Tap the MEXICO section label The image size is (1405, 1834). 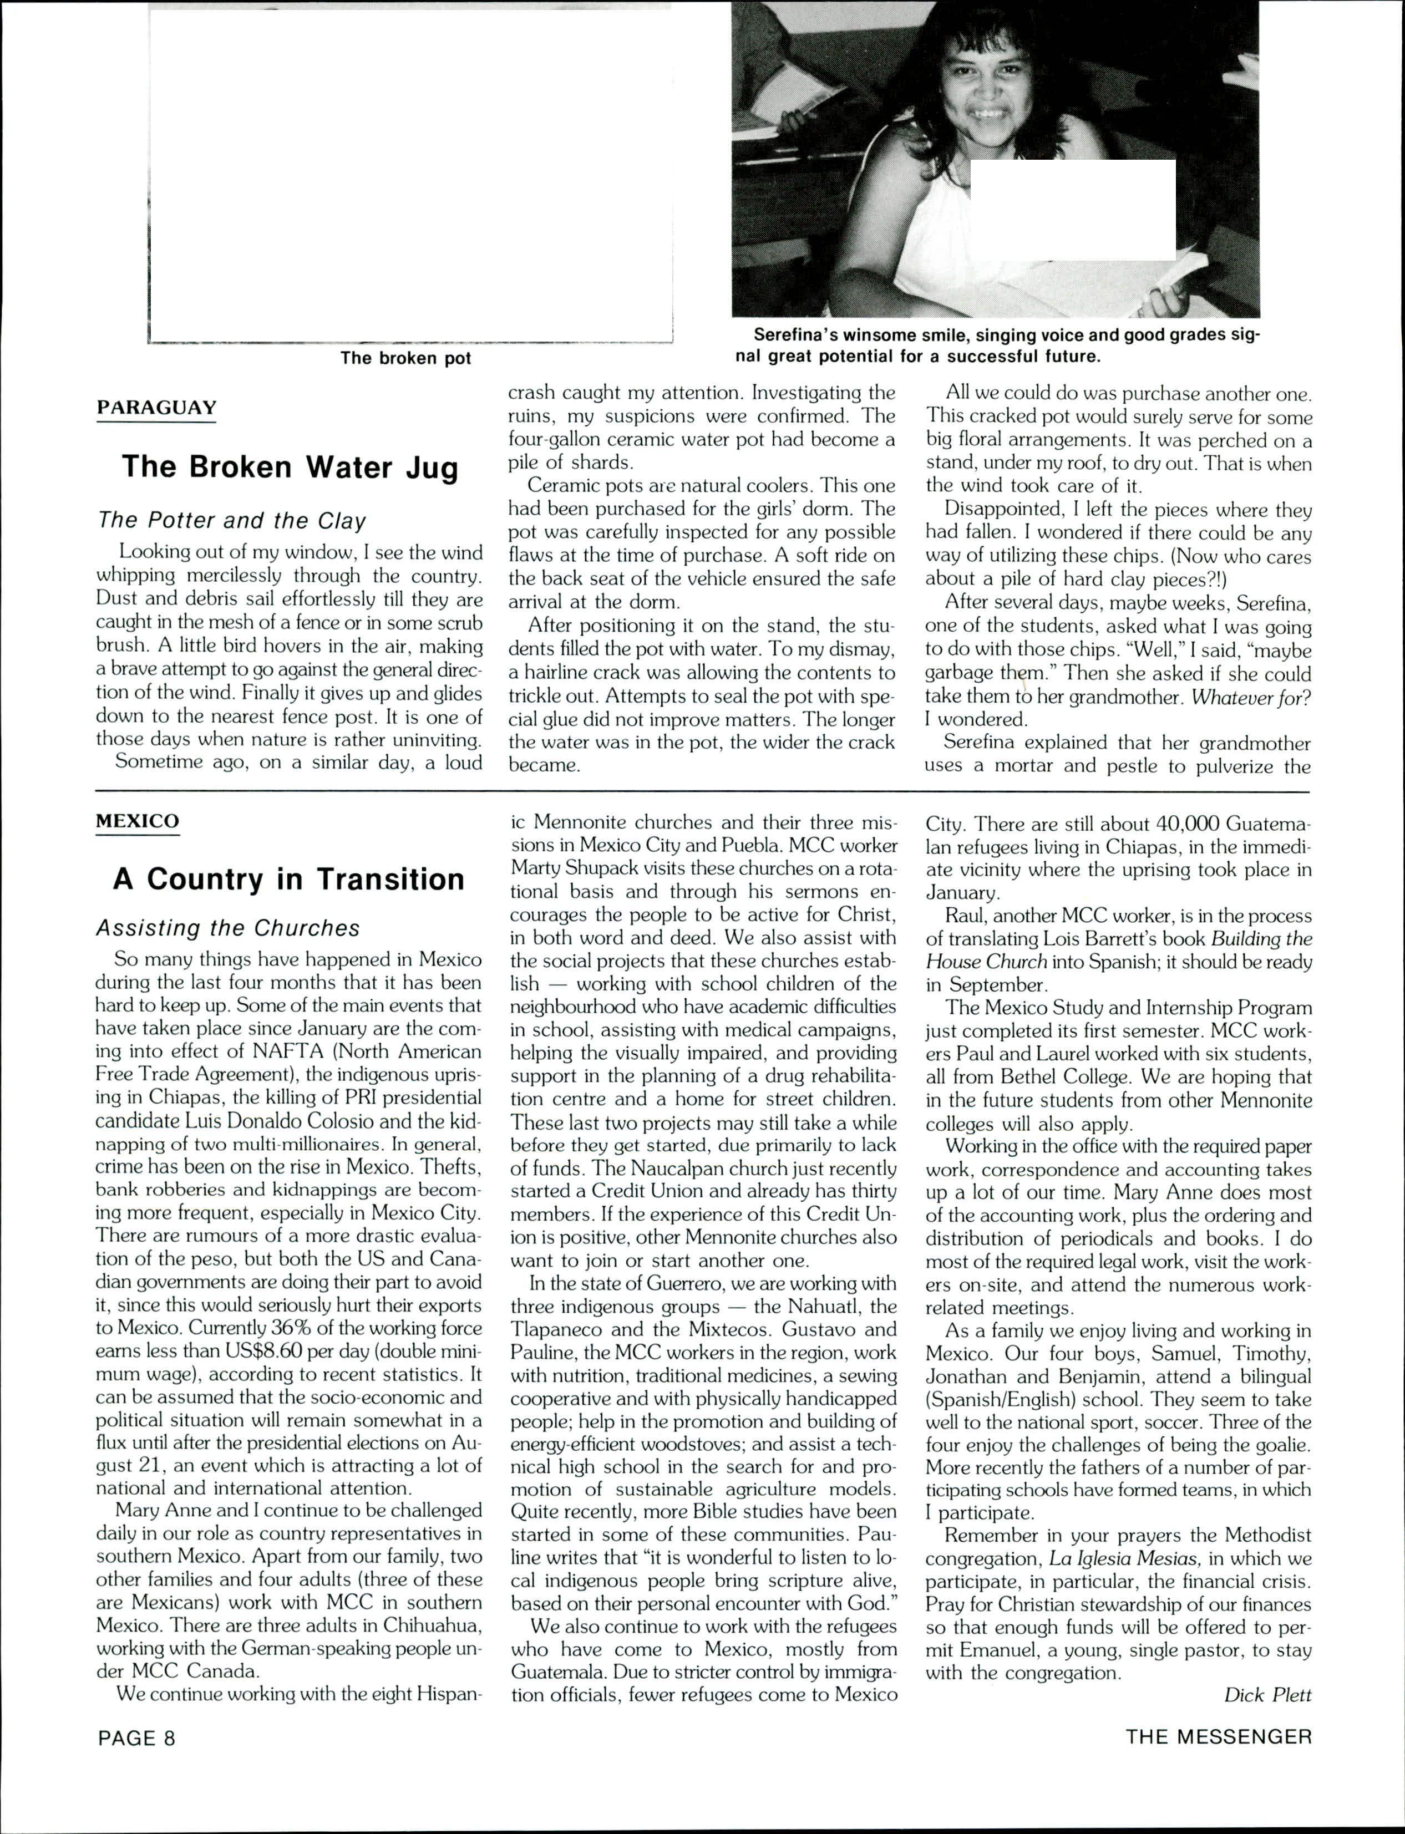pyautogui.click(x=137, y=821)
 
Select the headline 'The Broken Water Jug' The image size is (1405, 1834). pyautogui.click(x=290, y=466)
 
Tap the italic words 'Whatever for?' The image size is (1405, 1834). pyautogui.click(x=1250, y=697)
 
